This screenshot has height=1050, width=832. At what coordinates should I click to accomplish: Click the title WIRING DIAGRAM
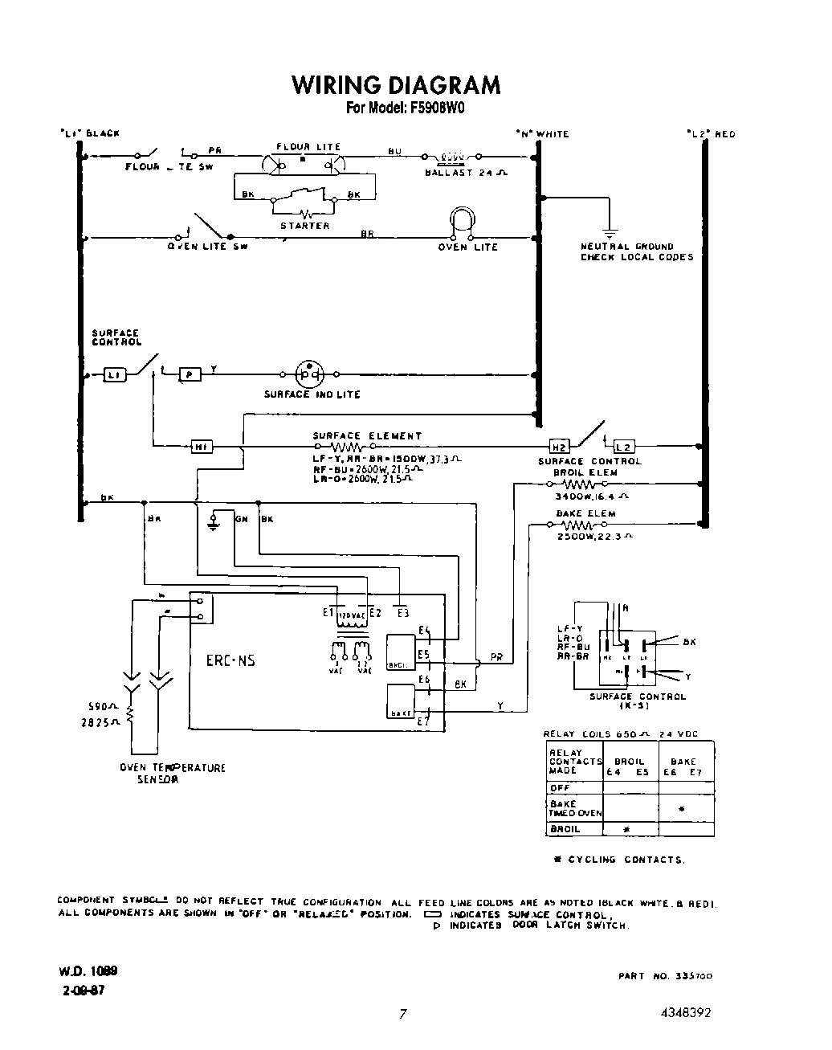tap(395, 85)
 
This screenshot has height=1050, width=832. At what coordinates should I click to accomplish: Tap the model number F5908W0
tap(434, 108)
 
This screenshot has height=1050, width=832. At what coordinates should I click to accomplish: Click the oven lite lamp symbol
tap(463, 223)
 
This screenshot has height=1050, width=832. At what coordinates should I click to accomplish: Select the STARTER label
tap(304, 226)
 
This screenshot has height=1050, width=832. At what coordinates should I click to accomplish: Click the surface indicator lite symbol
tap(309, 374)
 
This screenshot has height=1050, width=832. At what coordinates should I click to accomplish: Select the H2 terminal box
tap(558, 447)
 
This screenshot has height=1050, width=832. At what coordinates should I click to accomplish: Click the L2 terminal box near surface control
tap(623, 447)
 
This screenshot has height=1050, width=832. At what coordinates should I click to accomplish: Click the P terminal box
tap(190, 374)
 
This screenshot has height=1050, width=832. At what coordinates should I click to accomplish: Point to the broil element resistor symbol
tap(577, 485)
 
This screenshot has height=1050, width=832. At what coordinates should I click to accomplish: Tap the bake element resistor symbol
tap(577, 525)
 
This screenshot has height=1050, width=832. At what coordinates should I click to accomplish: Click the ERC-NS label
tap(230, 660)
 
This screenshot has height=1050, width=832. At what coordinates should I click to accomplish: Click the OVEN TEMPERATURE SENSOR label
tap(173, 773)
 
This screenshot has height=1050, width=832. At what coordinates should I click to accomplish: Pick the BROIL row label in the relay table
tap(565, 828)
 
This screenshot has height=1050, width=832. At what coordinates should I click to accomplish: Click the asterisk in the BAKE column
tap(681, 809)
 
